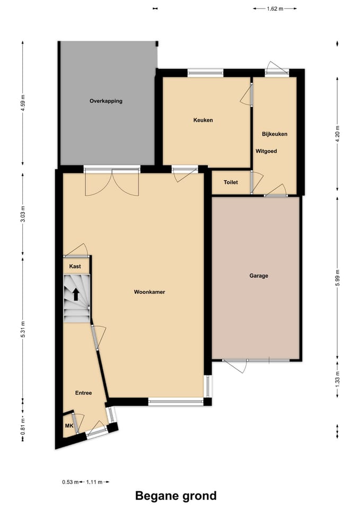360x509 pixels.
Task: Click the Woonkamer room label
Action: coord(150,292)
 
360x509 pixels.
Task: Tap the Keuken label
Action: coord(203,120)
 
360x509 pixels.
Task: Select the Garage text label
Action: coord(259,276)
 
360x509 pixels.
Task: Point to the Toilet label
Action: coord(231,182)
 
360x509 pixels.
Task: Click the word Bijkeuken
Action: coord(275,134)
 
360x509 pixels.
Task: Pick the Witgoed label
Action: coord(266,151)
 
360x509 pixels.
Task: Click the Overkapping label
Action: coord(106,101)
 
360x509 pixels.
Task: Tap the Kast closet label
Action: coord(75,266)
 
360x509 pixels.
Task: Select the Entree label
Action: coord(83,393)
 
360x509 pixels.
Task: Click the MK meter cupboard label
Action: coord(69,426)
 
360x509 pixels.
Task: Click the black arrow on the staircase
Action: coord(76,294)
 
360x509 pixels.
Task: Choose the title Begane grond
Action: coord(176,496)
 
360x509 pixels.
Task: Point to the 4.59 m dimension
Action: coord(23,103)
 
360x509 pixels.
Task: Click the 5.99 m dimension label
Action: coord(338,278)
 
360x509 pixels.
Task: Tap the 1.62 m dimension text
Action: coord(275,9)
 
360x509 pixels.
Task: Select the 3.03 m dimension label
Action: coord(23,214)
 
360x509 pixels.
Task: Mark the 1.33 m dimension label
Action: coord(338,379)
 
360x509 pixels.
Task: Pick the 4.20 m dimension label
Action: coord(338,134)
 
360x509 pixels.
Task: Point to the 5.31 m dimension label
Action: coord(23,329)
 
